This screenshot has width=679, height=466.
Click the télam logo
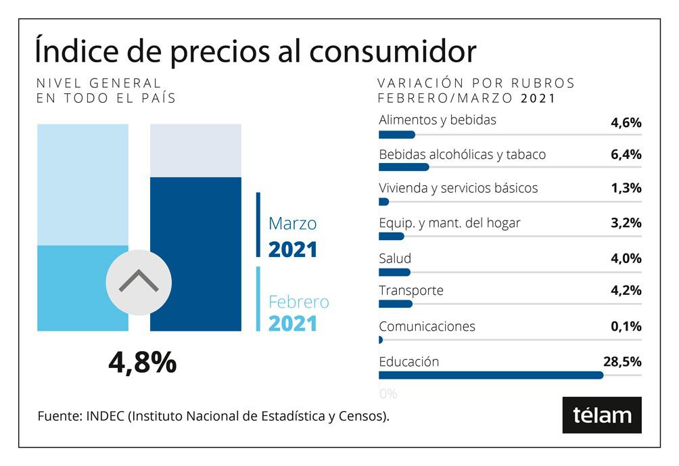pos(601,415)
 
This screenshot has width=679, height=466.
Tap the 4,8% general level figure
pos(142,363)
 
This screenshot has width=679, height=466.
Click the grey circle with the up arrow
pos(139,281)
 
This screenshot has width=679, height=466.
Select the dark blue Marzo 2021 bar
pos(195,254)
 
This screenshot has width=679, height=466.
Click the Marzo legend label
pos(292,223)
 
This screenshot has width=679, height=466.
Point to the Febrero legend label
pos(298,302)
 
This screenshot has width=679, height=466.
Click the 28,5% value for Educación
pos(622,362)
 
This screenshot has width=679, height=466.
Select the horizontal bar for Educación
pos(490,375)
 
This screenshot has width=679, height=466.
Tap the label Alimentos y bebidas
pos(437,120)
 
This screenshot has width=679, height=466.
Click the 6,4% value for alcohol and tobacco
pos(625,155)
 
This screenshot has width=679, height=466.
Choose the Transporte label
pos(411,291)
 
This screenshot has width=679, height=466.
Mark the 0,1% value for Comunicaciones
pos(625,327)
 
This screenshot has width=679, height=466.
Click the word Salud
pos(394,258)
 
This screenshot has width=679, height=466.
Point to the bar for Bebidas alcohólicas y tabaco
pos(404,167)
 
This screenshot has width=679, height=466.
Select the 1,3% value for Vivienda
pos(625,188)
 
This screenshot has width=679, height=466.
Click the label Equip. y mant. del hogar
pos(449,223)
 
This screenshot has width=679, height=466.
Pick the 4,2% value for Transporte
pos(625,291)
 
